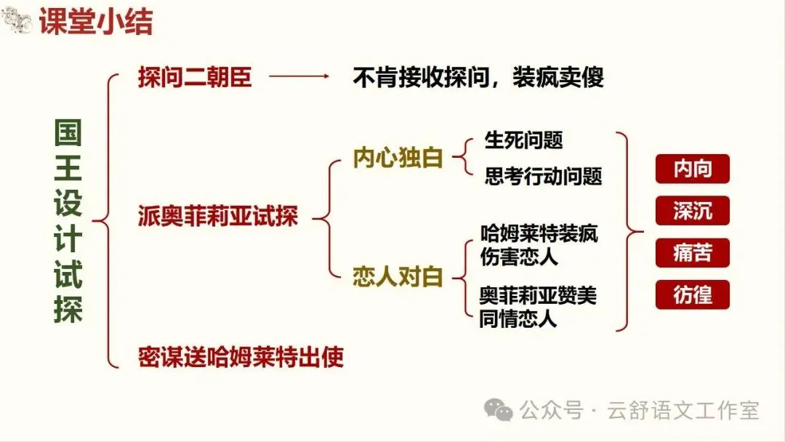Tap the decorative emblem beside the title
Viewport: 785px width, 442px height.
17,21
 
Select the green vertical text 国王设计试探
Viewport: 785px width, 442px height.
68,221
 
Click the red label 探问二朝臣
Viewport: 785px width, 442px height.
195,77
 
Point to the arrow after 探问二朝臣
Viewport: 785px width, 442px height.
299,76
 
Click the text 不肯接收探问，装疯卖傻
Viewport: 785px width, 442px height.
478,77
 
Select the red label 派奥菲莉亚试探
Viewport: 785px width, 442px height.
218,217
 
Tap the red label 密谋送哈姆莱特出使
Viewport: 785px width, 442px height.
241,357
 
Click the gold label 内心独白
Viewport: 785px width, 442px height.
398,158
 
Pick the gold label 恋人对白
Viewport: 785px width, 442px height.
398,278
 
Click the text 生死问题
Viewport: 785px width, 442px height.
523,140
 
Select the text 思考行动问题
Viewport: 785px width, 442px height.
544,176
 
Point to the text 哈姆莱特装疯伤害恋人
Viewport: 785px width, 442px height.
539,246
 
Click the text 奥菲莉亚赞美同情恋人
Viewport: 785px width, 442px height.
539,308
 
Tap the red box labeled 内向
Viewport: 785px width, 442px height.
692,169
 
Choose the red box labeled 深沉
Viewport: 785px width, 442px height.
692,211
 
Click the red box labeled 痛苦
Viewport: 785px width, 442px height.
692,253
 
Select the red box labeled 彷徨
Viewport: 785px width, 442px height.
692,295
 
